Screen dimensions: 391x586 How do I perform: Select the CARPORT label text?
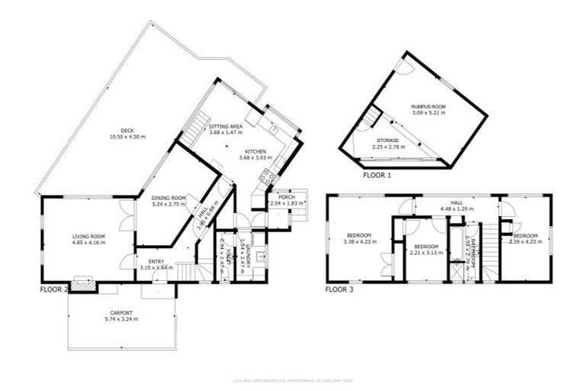click(x=121, y=312)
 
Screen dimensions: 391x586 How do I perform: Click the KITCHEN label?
click(x=256, y=151)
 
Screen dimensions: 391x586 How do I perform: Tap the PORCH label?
click(x=287, y=196)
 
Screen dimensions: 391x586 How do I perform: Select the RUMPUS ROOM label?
click(x=427, y=107)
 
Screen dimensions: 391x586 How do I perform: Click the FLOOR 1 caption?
click(x=375, y=175)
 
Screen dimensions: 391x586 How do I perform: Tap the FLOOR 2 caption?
click(x=54, y=290)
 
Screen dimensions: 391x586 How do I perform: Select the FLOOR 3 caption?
click(x=339, y=290)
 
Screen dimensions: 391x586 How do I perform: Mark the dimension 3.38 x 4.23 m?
click(x=359, y=242)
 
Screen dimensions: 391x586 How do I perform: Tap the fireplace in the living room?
click(x=84, y=285)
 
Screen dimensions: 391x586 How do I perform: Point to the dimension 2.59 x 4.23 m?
click(x=526, y=242)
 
